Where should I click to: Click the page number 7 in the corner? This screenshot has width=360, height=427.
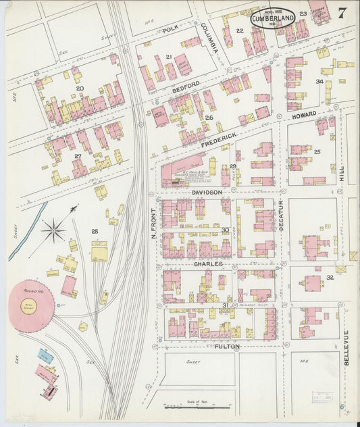(343, 13)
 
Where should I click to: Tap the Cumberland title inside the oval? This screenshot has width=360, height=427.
(273, 18)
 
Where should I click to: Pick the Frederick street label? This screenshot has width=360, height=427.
(219, 137)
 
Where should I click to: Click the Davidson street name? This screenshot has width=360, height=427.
(207, 193)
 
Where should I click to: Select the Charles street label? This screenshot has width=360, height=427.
(208, 264)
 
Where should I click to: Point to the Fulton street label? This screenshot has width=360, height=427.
(228, 346)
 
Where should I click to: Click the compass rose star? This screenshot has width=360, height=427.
(53, 230)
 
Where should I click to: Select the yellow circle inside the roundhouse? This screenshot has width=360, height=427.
(30, 306)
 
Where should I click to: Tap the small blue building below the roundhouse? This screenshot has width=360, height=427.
(45, 355)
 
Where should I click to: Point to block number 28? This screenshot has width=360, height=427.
(94, 232)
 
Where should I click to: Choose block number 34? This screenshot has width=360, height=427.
(319, 82)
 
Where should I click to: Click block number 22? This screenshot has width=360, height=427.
(240, 31)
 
